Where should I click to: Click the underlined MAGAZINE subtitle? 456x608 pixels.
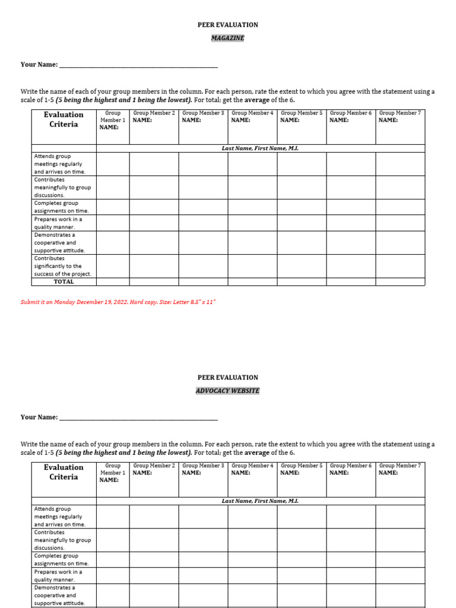click(228, 38)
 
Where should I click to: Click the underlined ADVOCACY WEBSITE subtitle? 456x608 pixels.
click(228, 391)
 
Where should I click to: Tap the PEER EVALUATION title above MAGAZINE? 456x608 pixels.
click(228, 25)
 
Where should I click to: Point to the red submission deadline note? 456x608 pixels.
click(118, 302)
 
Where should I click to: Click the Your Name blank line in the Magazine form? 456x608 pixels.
click(138, 65)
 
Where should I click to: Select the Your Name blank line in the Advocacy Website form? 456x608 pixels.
click(138, 417)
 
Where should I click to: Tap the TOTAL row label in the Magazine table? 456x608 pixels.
click(64, 282)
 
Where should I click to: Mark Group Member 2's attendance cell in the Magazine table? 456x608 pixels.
click(154, 164)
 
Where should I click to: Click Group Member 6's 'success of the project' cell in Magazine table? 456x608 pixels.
click(350, 266)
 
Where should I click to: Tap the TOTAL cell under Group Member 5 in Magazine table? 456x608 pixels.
click(301, 282)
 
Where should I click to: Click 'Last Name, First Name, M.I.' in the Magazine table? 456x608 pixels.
click(260, 148)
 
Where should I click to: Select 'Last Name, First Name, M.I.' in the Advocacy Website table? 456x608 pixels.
click(260, 501)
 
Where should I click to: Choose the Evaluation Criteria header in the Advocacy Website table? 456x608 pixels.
click(64, 472)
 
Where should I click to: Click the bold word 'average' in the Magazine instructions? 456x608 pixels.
click(257, 100)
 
